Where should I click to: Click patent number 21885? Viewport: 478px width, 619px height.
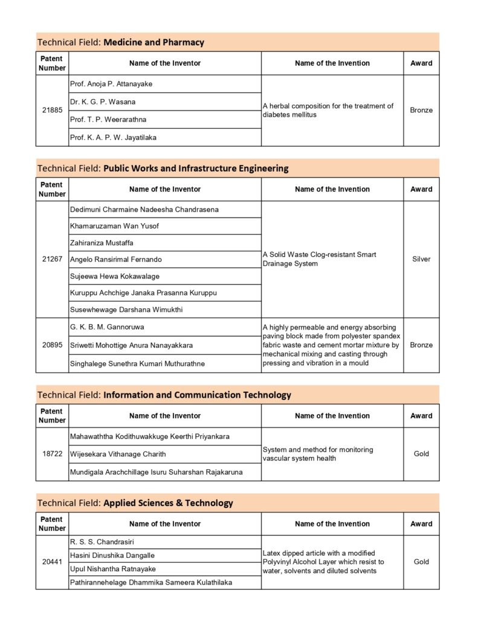click(52, 111)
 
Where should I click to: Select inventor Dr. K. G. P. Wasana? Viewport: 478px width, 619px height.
click(103, 102)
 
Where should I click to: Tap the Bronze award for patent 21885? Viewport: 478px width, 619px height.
click(421, 111)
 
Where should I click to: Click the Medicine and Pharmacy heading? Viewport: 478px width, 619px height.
click(153, 42)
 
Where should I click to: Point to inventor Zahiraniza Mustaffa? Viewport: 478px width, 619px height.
click(102, 243)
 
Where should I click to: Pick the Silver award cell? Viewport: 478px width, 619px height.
click(421, 259)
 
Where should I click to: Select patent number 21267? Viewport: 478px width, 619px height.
click(52, 259)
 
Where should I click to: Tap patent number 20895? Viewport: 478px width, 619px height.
click(52, 345)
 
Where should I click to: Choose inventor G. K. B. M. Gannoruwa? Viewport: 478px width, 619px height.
click(107, 327)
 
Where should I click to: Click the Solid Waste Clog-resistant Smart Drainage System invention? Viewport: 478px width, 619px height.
click(320, 259)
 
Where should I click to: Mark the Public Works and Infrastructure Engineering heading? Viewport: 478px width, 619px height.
click(196, 168)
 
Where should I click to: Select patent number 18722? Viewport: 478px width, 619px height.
click(52, 454)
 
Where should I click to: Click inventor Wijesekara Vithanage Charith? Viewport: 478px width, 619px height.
click(118, 454)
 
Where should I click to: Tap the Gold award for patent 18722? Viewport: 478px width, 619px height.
click(421, 454)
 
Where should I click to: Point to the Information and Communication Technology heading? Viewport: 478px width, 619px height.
click(197, 395)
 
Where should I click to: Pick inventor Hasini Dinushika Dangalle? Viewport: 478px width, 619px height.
click(112, 556)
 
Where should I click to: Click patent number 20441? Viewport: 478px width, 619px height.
click(52, 562)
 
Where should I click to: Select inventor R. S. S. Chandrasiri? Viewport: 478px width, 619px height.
click(102, 542)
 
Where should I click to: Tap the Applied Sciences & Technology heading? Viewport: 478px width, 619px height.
click(168, 503)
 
